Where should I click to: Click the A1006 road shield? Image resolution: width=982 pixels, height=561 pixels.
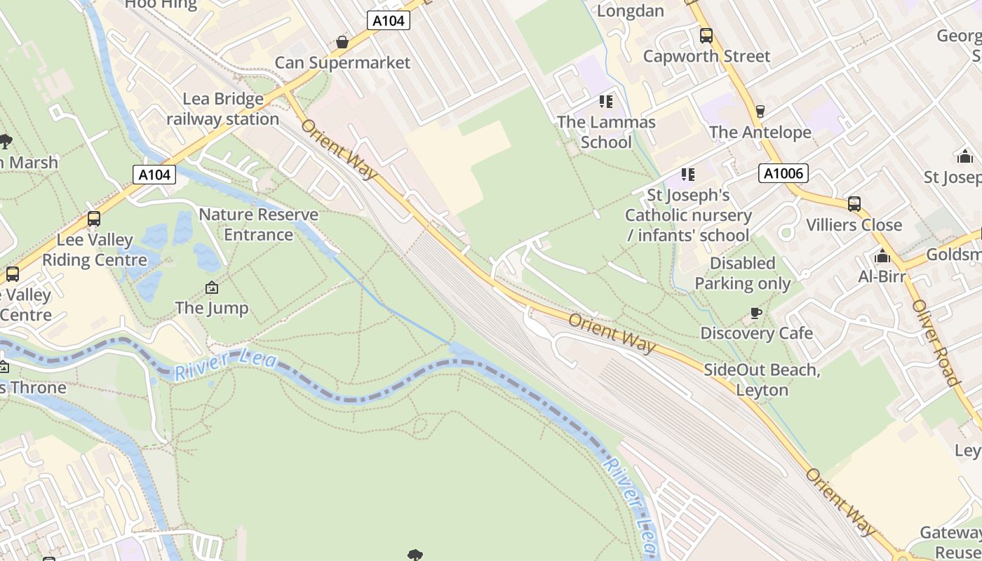[x=783, y=173]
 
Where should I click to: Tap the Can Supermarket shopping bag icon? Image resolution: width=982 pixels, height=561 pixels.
[x=342, y=43]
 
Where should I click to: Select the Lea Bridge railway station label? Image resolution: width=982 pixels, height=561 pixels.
[x=223, y=109]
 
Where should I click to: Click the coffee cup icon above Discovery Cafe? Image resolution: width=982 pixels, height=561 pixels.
[x=755, y=313]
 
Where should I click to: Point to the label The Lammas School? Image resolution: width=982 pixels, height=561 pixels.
[x=606, y=132]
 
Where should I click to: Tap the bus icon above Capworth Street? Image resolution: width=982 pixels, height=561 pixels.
[x=706, y=36]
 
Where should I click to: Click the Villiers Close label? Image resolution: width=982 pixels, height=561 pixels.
[x=854, y=225]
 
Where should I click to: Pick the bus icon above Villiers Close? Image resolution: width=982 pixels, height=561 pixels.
[x=854, y=204]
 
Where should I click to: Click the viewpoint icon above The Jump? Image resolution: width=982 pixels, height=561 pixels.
[x=211, y=288]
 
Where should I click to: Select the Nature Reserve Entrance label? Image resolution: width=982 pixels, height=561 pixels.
[x=258, y=224]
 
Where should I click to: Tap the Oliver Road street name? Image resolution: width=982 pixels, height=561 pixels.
[x=936, y=343]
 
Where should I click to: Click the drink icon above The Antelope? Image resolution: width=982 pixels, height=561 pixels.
[x=760, y=111]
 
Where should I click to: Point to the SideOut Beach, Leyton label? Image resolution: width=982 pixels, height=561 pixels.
[x=762, y=379]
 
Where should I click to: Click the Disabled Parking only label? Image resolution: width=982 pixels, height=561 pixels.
[x=743, y=273]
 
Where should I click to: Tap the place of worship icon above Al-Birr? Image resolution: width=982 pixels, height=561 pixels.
[x=882, y=256]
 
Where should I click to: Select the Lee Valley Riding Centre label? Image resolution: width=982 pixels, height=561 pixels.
[x=95, y=250]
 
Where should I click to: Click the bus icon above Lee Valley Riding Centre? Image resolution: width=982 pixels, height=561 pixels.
[x=94, y=219]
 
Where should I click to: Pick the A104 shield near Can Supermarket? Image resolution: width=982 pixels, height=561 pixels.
[x=388, y=21]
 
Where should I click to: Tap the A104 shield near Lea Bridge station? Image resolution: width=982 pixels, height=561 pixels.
[x=154, y=175]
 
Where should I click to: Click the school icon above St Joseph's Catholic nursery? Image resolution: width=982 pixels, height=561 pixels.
[x=687, y=174]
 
